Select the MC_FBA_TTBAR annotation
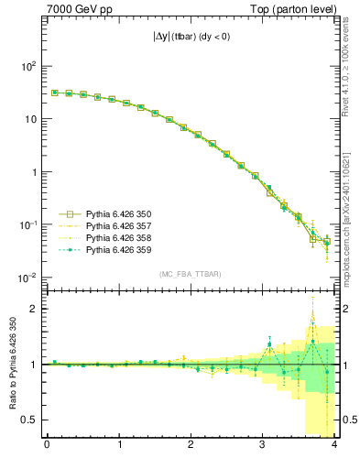point(190,275)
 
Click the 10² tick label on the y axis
point(28,66)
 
